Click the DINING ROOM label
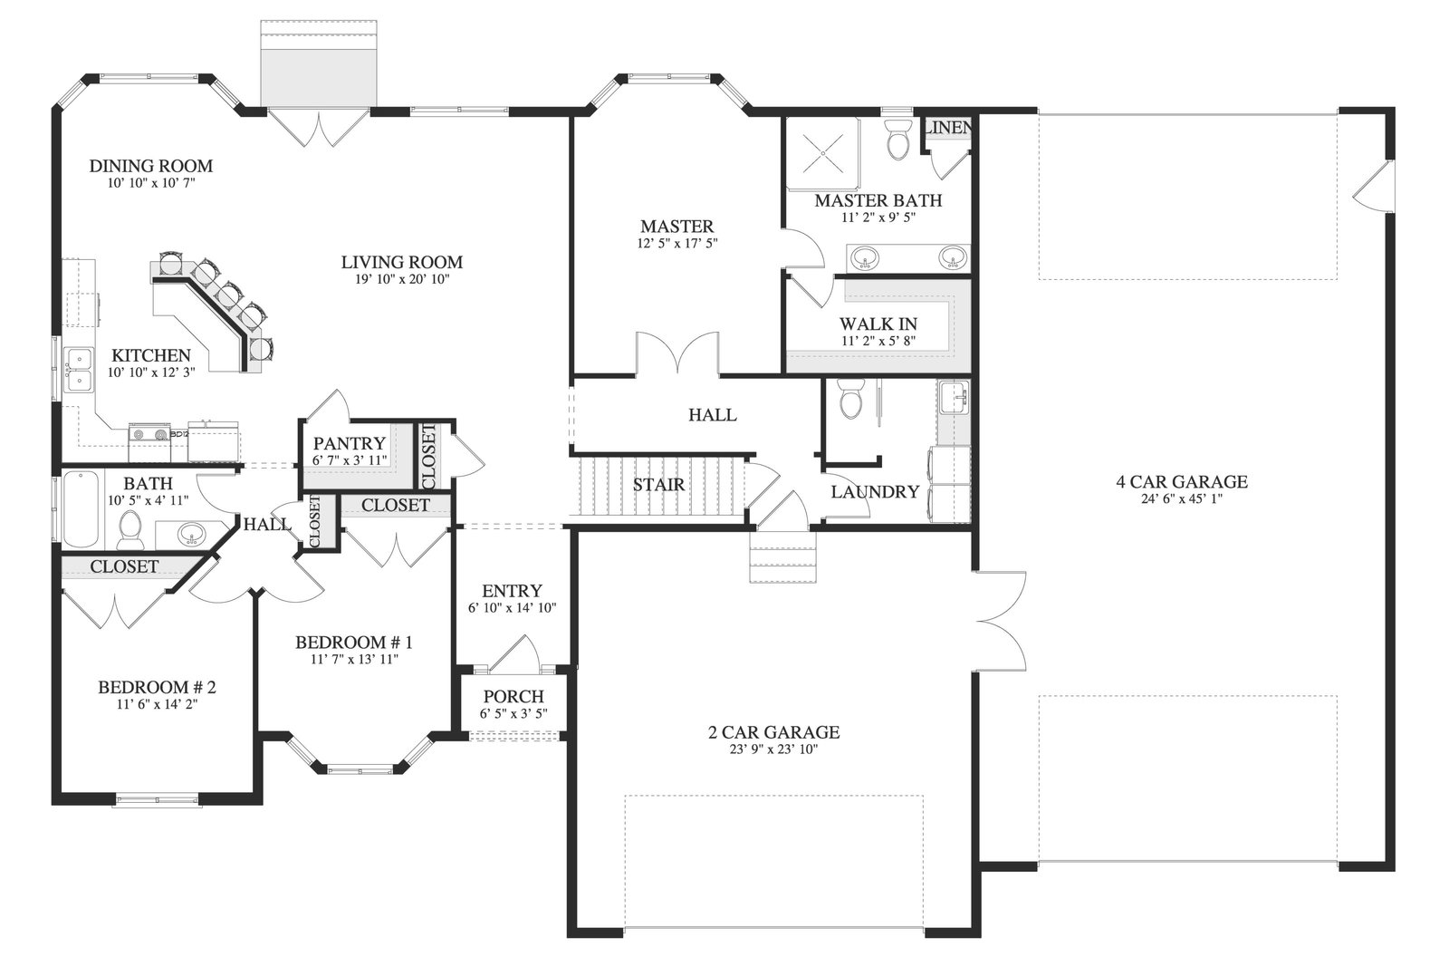tap(150, 167)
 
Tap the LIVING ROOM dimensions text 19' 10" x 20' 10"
tap(402, 280)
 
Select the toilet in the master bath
tap(897, 140)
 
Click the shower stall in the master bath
tap(823, 153)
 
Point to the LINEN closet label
tap(947, 128)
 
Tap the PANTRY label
tap(350, 443)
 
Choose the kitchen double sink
tap(79, 370)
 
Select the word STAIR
tap(658, 485)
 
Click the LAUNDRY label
tap(875, 492)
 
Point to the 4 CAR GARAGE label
tap(1182, 481)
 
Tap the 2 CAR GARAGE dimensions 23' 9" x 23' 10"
tap(773, 749)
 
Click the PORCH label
tap(513, 696)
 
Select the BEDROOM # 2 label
tap(157, 687)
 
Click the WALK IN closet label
tap(878, 324)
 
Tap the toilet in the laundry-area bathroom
tap(850, 399)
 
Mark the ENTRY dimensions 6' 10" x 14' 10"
tap(513, 608)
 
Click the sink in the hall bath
tap(191, 535)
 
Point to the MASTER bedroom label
tap(677, 227)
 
